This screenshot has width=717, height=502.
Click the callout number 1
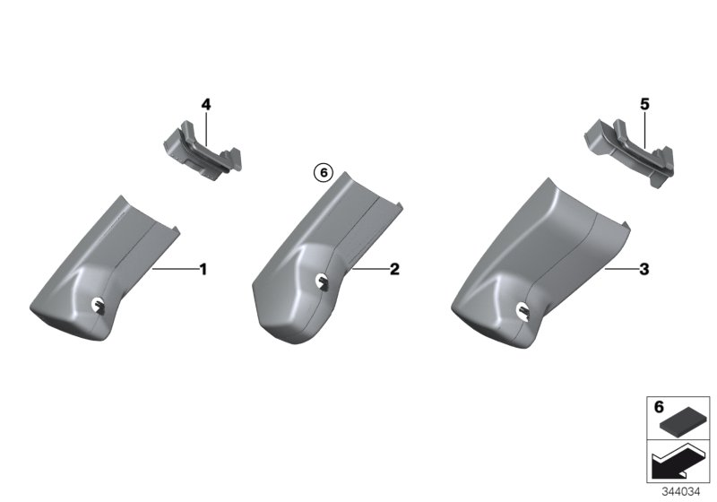pyautogui.click(x=203, y=269)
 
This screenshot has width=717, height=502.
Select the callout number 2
pyautogui.click(x=394, y=269)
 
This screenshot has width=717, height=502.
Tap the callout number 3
pyautogui.click(x=644, y=269)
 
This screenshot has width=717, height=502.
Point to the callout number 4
pyautogui.click(x=206, y=105)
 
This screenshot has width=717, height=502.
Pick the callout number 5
pyautogui.click(x=644, y=105)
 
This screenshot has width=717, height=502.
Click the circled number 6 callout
pyautogui.click(x=324, y=173)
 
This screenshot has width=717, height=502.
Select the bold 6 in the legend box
pyautogui.click(x=659, y=407)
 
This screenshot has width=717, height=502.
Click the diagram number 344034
pyautogui.click(x=681, y=492)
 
